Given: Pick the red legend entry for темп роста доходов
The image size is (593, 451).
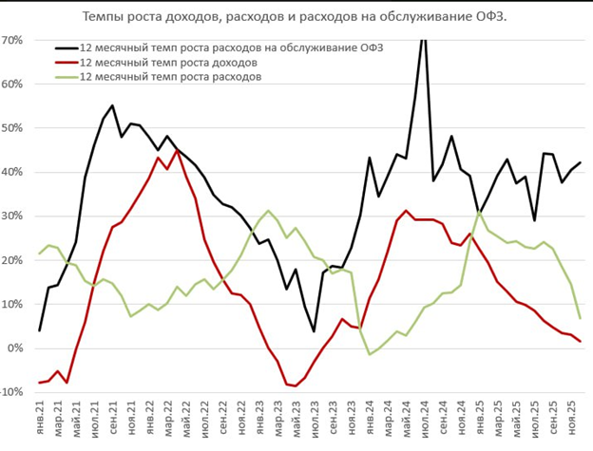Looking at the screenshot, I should (x=170, y=63).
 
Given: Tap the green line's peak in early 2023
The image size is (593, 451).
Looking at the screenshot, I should (x=268, y=211).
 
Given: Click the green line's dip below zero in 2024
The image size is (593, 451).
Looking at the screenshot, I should (x=370, y=354).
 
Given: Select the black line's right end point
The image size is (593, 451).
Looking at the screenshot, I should (x=581, y=163).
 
